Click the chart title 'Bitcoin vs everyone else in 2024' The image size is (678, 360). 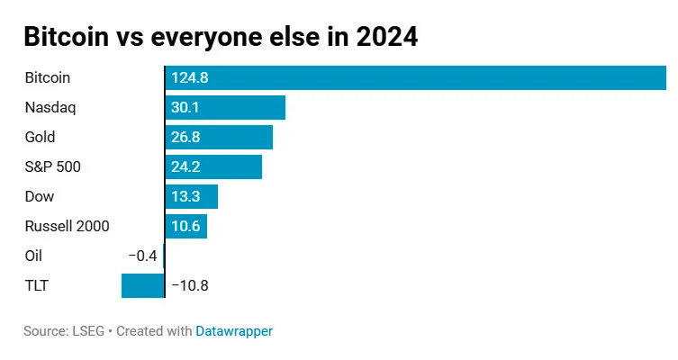coord(221,37)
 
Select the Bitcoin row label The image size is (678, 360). coord(48,78)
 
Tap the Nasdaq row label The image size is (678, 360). coord(50,108)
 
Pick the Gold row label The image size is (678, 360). coord(41,138)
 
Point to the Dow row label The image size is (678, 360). coord(40,197)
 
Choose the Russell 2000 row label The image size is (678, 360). coord(67,227)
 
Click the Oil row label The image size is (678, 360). coord(33,256)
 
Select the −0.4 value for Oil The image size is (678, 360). coord(142,256)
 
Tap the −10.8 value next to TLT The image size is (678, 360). coord(190,286)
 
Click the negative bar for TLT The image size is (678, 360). coord(143,286)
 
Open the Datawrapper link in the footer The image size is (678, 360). coord(234,331)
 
